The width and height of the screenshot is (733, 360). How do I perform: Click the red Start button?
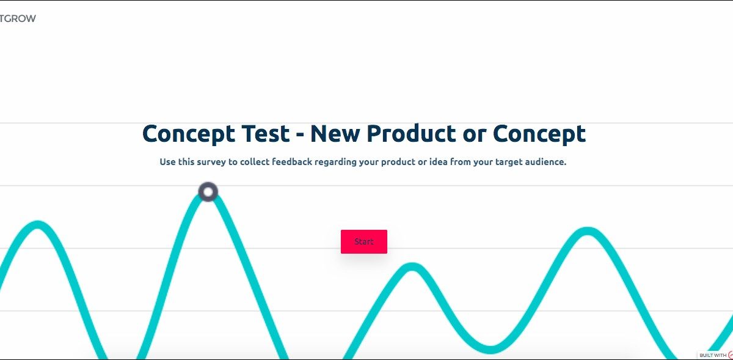tap(364, 242)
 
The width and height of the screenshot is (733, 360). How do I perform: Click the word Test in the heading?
tap(266, 134)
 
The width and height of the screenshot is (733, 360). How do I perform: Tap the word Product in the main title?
tap(411, 134)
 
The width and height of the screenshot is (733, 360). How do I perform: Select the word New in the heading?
tap(335, 134)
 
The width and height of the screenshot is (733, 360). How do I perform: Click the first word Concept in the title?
tap(189, 134)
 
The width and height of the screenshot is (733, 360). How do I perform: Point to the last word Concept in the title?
tap(539, 134)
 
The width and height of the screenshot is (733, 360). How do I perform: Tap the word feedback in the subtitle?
tap(292, 161)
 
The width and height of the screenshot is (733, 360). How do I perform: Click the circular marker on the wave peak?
tap(208, 192)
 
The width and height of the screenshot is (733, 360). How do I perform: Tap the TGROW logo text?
tap(18, 19)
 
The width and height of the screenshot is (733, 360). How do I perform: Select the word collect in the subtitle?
tap(255, 161)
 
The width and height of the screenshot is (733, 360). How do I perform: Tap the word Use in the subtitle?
tap(167, 161)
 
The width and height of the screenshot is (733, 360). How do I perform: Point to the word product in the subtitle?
tap(398, 162)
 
